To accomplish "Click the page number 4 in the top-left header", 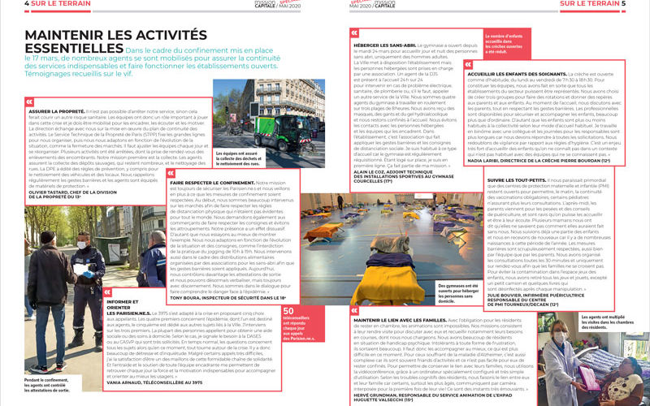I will [x=5, y=4].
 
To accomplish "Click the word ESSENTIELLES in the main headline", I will [x=72, y=54].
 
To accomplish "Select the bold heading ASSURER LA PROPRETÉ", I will [x=58, y=110].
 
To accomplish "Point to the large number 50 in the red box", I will [x=288, y=309].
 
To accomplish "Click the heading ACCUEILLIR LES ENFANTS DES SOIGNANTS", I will [x=525, y=74].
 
